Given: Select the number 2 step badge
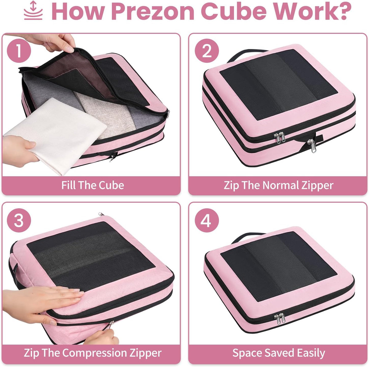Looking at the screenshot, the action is [207, 50].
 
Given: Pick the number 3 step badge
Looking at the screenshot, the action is [19, 220].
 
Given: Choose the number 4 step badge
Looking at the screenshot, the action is [207, 220].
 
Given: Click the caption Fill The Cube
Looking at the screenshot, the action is [93, 185].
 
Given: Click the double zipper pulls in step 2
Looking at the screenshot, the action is [280, 137].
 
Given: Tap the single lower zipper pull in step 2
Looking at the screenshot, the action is [311, 146].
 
